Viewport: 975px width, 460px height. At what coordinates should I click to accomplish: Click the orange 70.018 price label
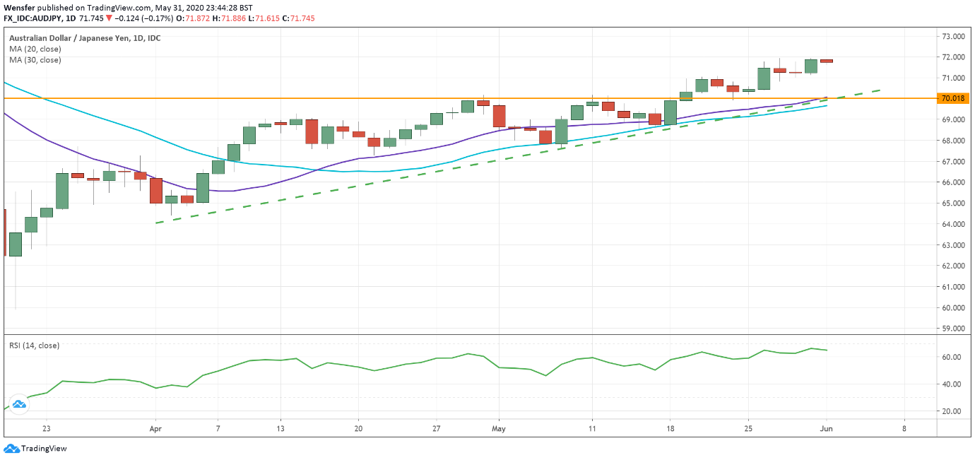pos(954,99)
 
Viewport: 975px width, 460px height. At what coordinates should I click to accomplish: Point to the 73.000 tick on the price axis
pos(953,36)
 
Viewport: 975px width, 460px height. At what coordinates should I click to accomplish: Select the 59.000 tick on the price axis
pos(953,329)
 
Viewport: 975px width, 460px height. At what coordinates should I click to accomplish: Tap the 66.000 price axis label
pos(953,182)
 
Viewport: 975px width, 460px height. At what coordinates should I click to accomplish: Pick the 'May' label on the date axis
pos(499,428)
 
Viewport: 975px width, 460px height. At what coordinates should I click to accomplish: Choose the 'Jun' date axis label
pos(826,428)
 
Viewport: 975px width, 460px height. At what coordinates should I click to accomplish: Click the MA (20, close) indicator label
pos(35,49)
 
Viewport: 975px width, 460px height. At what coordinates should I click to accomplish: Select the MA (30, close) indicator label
pos(35,60)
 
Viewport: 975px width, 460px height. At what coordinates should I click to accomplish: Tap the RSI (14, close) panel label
pos(34,346)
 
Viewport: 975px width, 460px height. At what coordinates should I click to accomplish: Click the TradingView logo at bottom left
pos(35,448)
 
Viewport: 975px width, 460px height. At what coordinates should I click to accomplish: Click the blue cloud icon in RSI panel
pos(19,404)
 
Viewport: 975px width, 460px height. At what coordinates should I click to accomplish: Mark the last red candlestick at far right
pos(826,61)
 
